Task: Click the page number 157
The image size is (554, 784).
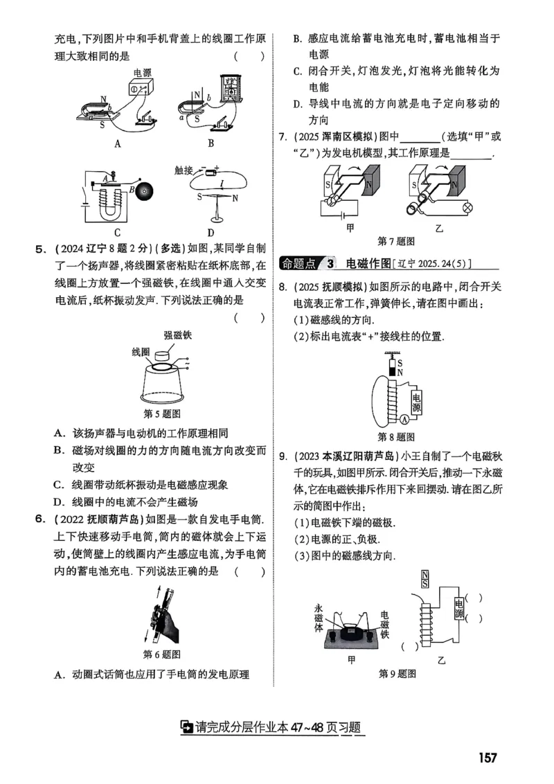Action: pyautogui.click(x=487, y=757)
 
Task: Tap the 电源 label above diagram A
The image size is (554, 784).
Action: pyautogui.click(x=143, y=72)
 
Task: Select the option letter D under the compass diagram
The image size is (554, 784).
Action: pyautogui.click(x=211, y=233)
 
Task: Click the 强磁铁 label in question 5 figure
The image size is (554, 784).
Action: pyautogui.click(x=178, y=335)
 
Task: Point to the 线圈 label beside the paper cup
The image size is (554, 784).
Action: pyautogui.click(x=141, y=352)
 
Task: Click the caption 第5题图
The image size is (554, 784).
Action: pyautogui.click(x=161, y=414)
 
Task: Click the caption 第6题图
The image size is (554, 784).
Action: pyautogui.click(x=161, y=654)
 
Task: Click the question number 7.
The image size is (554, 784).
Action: pyautogui.click(x=282, y=135)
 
